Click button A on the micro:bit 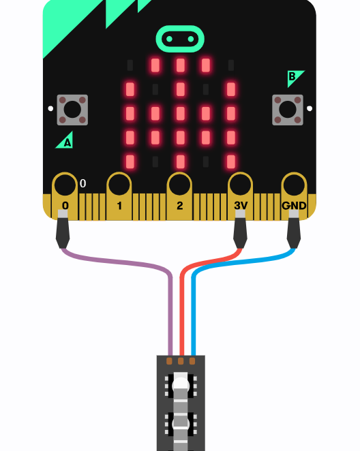[x=72, y=110]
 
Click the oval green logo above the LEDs [x=180, y=39]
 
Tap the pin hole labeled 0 [x=65, y=185]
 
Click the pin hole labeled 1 [x=119, y=185]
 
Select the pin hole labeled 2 [x=179, y=185]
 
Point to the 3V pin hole [x=240, y=185]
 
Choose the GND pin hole [x=294, y=185]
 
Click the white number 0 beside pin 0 [x=83, y=183]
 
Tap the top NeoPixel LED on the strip [x=181, y=384]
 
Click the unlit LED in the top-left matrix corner [x=130, y=65]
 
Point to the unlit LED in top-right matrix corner [x=231, y=65]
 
